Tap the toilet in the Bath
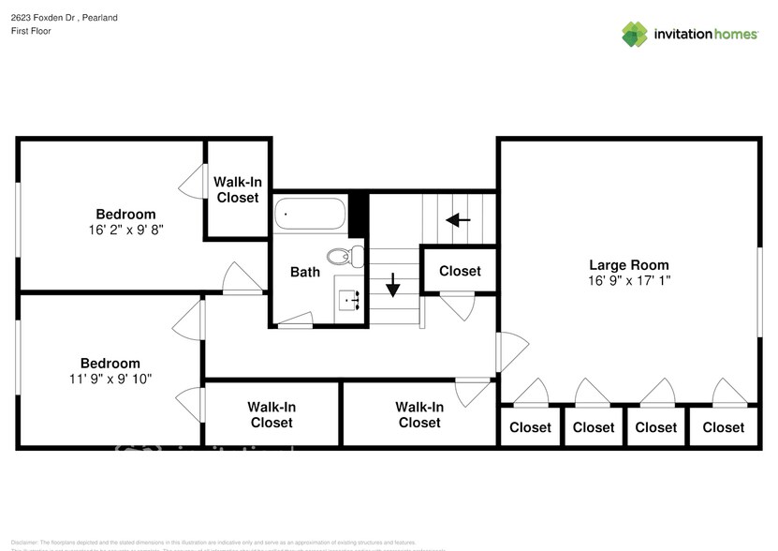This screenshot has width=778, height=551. (x=343, y=254)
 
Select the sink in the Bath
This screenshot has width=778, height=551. (x=351, y=300)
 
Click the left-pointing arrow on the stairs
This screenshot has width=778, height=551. (x=458, y=220)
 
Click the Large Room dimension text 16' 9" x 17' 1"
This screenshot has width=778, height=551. (x=628, y=280)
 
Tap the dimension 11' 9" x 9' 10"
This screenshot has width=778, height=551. (x=110, y=379)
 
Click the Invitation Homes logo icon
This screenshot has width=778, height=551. (x=635, y=34)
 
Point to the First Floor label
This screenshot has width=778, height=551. (x=31, y=31)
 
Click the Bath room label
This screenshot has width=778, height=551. (x=304, y=273)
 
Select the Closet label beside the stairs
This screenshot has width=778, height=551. (x=460, y=271)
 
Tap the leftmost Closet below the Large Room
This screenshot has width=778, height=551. (x=530, y=427)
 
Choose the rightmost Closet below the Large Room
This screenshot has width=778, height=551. (x=723, y=427)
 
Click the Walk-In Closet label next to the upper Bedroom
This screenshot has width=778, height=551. (x=238, y=189)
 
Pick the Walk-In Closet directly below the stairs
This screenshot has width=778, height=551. (x=418, y=414)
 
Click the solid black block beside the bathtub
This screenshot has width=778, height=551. (x=357, y=215)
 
